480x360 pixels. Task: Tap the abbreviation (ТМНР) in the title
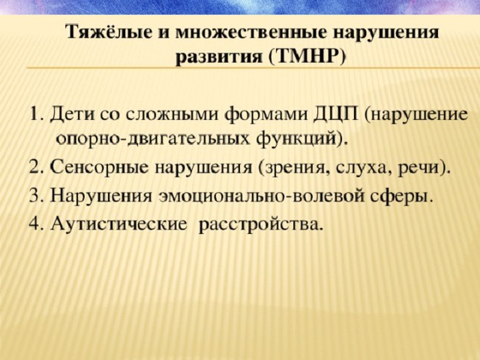coord(308,57)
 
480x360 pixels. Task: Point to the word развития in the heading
coord(219,58)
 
